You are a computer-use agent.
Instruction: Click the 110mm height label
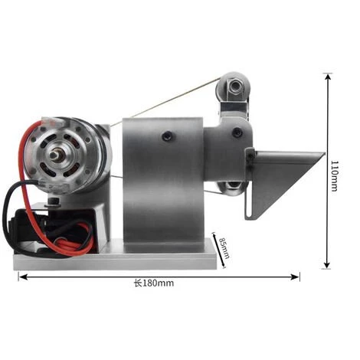pyautogui.click(x=334, y=175)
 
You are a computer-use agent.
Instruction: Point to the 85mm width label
pyautogui.click(x=224, y=248)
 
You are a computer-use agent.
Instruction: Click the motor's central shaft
pyautogui.click(x=54, y=155)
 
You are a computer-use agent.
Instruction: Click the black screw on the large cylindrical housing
pyautogui.click(x=167, y=136)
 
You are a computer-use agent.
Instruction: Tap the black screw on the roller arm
pyautogui.click(x=237, y=132)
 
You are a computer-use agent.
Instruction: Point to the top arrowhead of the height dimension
pyautogui.click(x=327, y=77)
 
